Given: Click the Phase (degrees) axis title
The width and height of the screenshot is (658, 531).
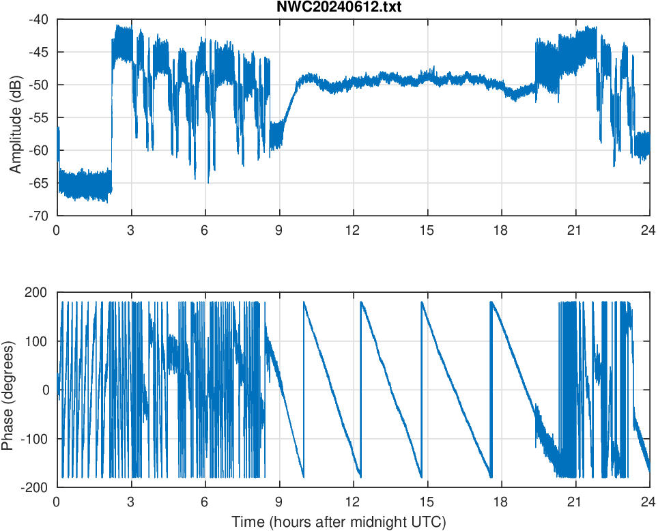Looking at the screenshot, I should click(8, 390).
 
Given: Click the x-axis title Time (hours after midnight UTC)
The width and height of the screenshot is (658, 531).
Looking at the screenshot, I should click(339, 522).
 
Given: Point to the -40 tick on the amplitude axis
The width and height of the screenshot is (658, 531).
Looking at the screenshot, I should click(38, 20).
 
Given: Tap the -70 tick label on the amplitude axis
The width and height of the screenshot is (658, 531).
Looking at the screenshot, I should click(38, 216).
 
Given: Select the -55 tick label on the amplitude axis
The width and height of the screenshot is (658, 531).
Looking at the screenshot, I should click(38, 117).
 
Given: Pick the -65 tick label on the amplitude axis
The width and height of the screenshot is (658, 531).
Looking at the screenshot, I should click(38, 183).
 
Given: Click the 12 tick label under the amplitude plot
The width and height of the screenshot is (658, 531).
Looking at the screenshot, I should click(353, 230).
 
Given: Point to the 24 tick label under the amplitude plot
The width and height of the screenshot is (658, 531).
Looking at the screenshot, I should click(649, 230).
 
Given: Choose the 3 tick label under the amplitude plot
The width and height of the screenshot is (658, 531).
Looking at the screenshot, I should click(130, 230).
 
